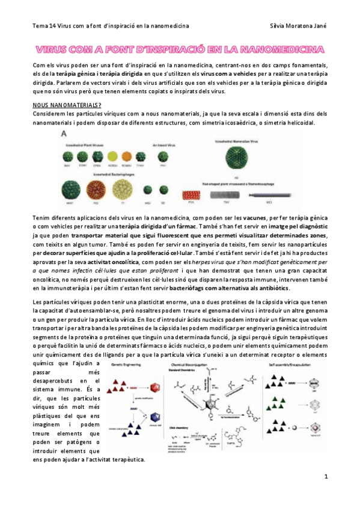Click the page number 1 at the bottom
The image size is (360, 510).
click(325, 476)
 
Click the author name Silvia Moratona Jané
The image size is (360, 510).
click(299, 26)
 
